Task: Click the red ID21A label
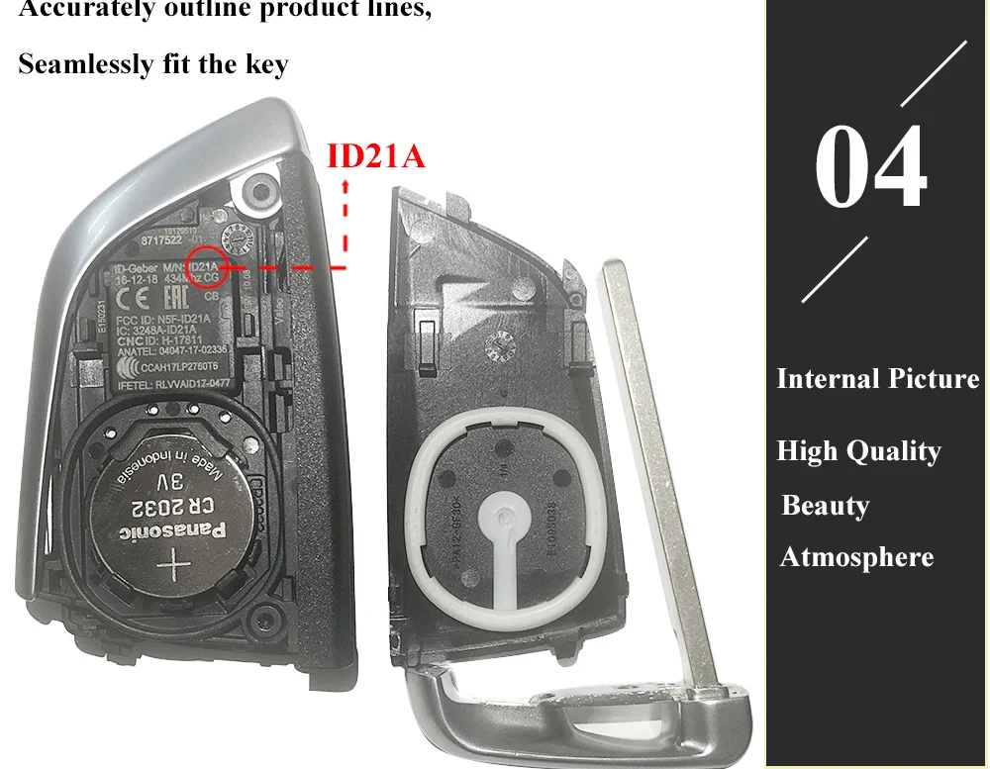tap(375, 155)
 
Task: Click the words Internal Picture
tap(877, 379)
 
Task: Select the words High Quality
tap(858, 451)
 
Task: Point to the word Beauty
tap(825, 505)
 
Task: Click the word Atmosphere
tap(856, 557)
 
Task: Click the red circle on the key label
tap(209, 268)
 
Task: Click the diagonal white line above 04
tap(932, 74)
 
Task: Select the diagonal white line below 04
tap(835, 268)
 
